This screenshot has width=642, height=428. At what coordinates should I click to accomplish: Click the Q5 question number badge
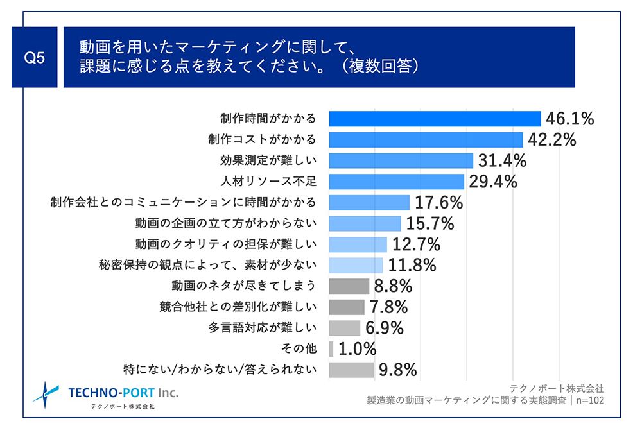[x=34, y=57]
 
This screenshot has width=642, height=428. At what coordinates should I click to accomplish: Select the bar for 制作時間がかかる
[x=435, y=119]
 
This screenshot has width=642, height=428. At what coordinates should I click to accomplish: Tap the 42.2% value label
[x=551, y=139]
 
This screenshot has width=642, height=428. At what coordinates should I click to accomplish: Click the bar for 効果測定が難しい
[x=401, y=160]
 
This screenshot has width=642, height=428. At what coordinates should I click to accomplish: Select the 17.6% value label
[x=438, y=203]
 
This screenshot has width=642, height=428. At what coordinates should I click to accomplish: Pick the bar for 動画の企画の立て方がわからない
[x=365, y=223]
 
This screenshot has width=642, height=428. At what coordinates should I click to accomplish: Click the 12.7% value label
[x=416, y=244]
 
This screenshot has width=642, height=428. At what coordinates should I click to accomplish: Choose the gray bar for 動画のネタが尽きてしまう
[x=349, y=286]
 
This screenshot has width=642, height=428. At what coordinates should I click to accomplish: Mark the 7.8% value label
[x=389, y=307]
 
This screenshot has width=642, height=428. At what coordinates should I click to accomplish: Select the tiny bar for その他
[x=331, y=348]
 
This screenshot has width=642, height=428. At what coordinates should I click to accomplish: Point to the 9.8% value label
[x=398, y=370]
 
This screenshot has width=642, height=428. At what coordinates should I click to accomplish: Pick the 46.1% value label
[x=569, y=119]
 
